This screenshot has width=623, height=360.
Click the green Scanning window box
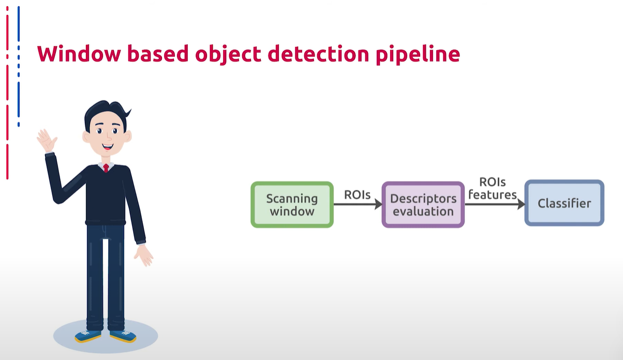[292, 205]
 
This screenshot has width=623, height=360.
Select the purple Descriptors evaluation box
[423, 205]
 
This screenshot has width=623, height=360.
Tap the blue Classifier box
[565, 203]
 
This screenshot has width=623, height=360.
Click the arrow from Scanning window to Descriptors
[358, 204]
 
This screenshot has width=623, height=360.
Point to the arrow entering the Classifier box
[495, 204]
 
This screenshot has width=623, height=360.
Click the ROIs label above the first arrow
[358, 194]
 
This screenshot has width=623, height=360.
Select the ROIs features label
[493, 188]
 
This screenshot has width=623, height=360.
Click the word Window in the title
[79, 53]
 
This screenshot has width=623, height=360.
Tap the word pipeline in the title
[418, 55]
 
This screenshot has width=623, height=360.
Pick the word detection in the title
[318, 54]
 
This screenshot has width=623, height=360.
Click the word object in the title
[228, 55]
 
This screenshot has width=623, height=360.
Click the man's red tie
[106, 168]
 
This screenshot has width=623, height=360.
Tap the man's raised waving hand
[47, 140]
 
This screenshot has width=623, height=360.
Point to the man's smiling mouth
[107, 146]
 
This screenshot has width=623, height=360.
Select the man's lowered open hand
[143, 256]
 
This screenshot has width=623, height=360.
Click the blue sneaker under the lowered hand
[123, 336]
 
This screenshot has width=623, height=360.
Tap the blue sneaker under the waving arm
[87, 336]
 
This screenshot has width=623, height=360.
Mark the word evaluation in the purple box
[423, 212]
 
